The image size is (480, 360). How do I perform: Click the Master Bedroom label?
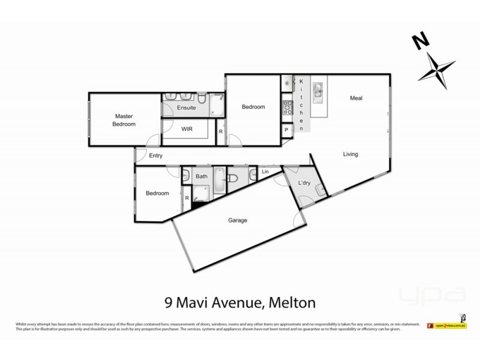(125, 120)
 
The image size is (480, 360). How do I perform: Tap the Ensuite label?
(186, 108)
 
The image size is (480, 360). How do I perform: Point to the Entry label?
(156, 156)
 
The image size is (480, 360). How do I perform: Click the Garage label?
(238, 220)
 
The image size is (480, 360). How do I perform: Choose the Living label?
(350, 154)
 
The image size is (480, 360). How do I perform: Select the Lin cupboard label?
(265, 172)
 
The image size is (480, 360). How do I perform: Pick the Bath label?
(202, 176)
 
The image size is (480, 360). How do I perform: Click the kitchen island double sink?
(317, 92)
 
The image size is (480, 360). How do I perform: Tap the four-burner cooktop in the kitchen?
(287, 108)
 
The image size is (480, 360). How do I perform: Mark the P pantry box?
(287, 129)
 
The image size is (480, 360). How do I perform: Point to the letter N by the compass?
(421, 42)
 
